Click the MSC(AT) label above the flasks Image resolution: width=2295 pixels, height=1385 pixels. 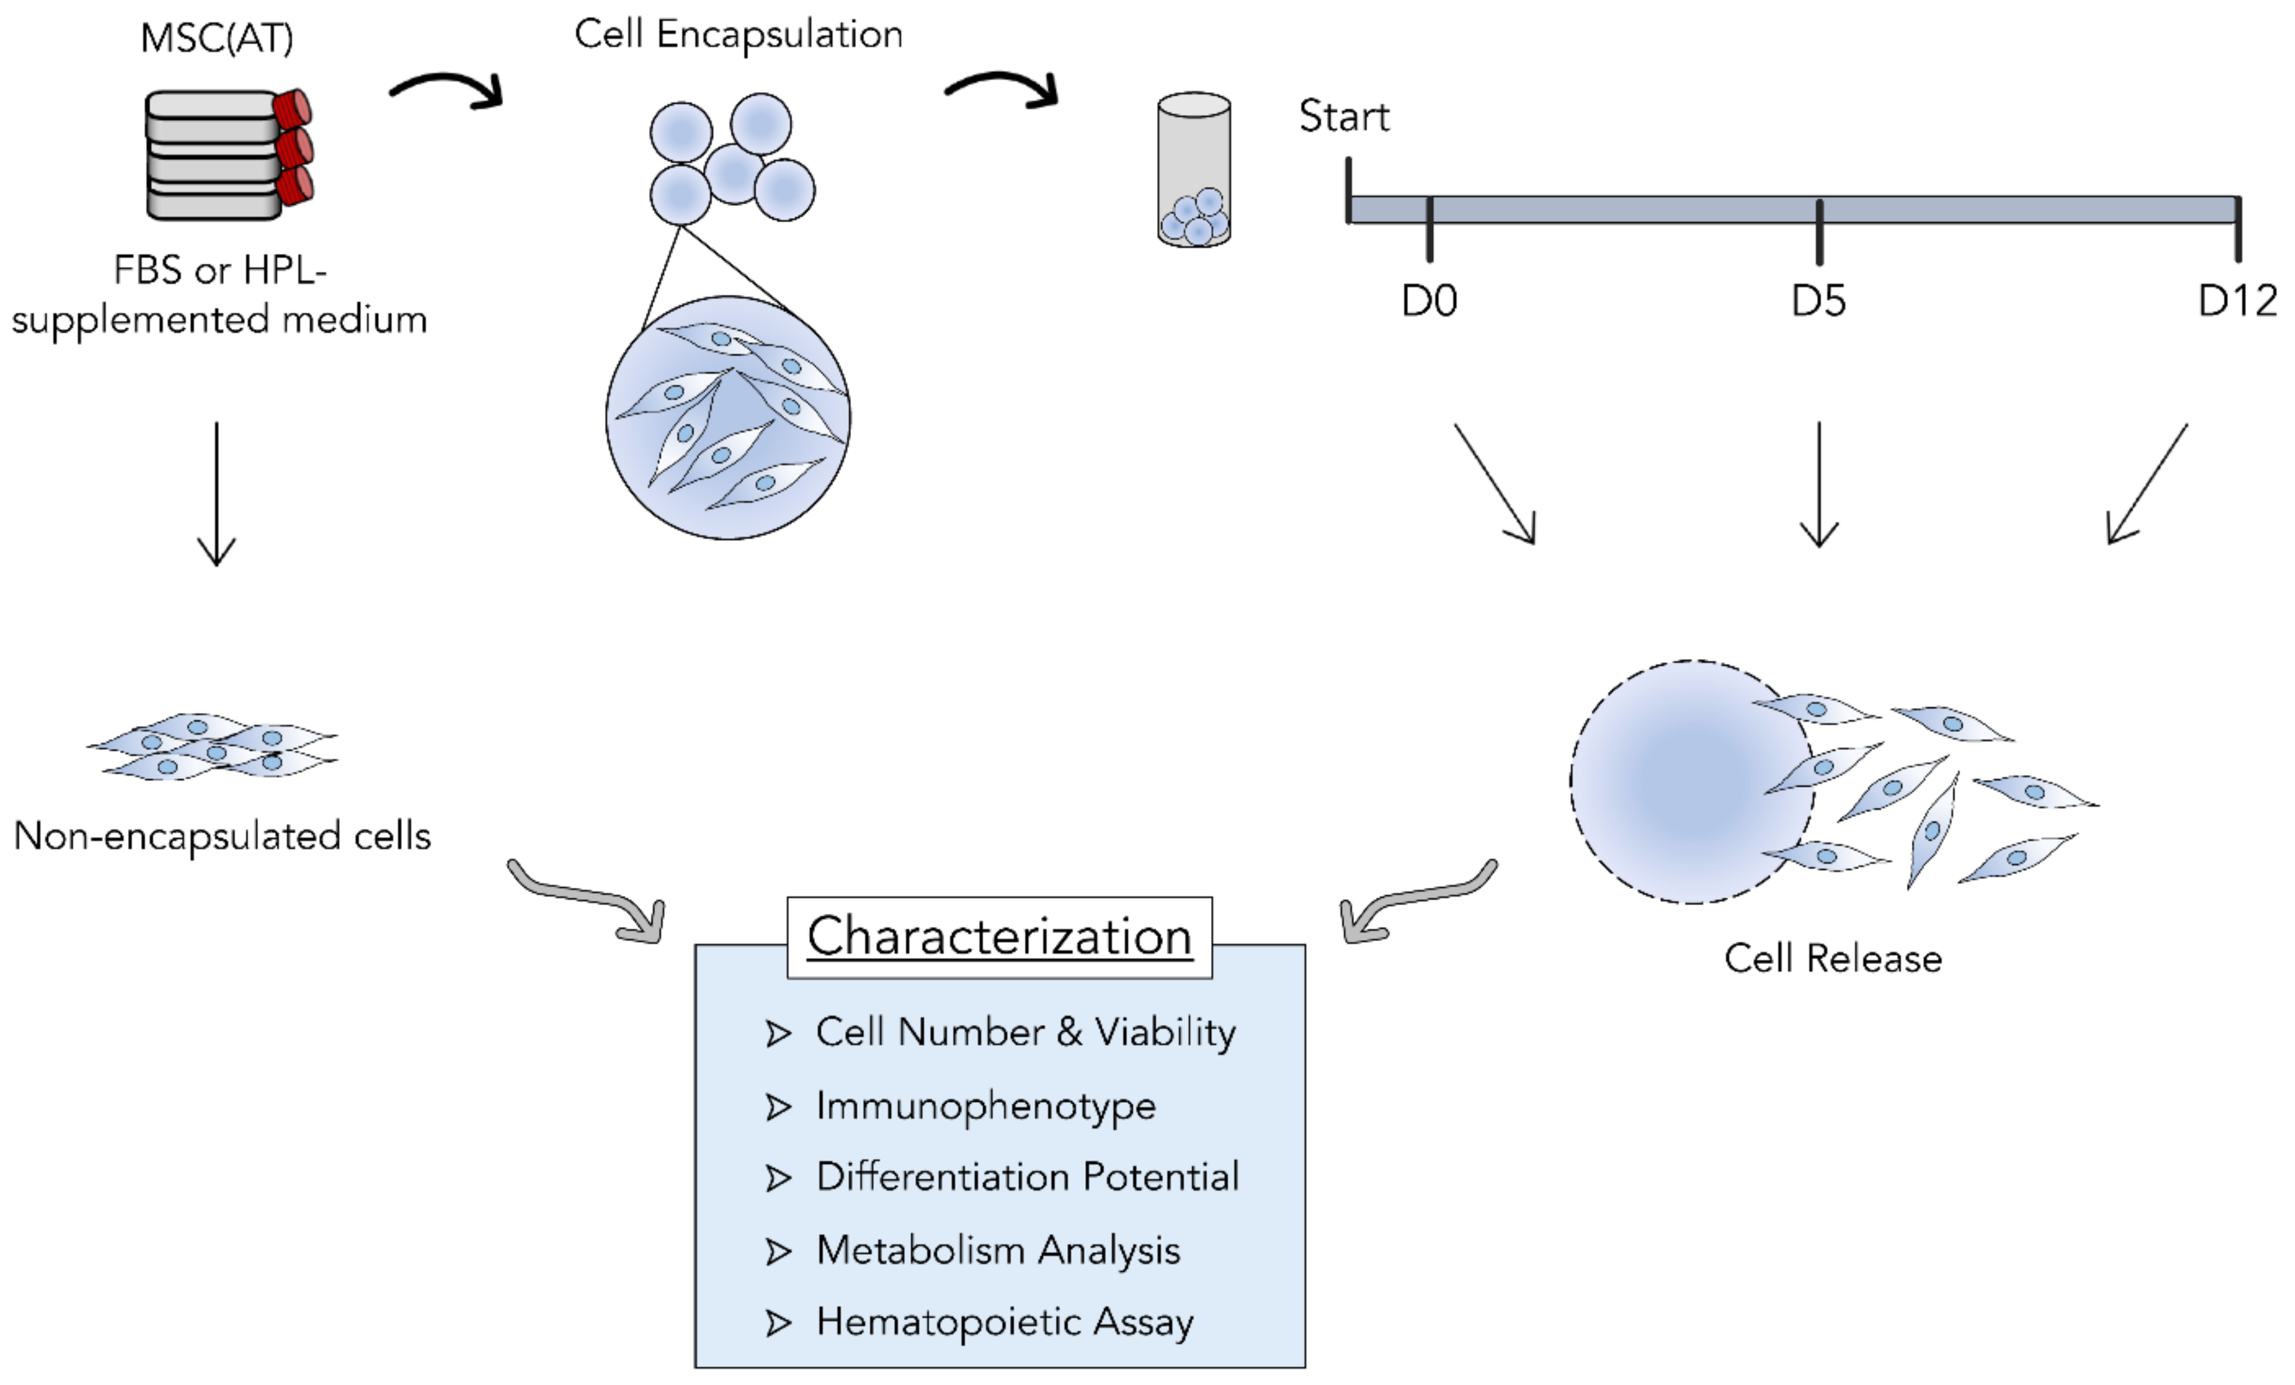click(x=216, y=39)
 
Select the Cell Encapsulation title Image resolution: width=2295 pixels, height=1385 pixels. click(x=738, y=35)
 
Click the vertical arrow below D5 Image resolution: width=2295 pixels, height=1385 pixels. click(x=1818, y=485)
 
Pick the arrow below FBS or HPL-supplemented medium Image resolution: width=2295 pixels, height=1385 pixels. click(x=217, y=494)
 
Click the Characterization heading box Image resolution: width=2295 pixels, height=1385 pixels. click(x=1000, y=937)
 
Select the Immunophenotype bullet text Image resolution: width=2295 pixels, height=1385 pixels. click(x=985, y=1106)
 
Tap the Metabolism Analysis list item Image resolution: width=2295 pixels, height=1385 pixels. click(x=998, y=1251)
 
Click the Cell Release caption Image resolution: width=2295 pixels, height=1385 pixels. click(x=1832, y=959)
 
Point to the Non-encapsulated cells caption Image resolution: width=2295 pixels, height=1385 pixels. click(x=222, y=836)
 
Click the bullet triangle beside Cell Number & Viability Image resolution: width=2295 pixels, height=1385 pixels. click(x=778, y=1034)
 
